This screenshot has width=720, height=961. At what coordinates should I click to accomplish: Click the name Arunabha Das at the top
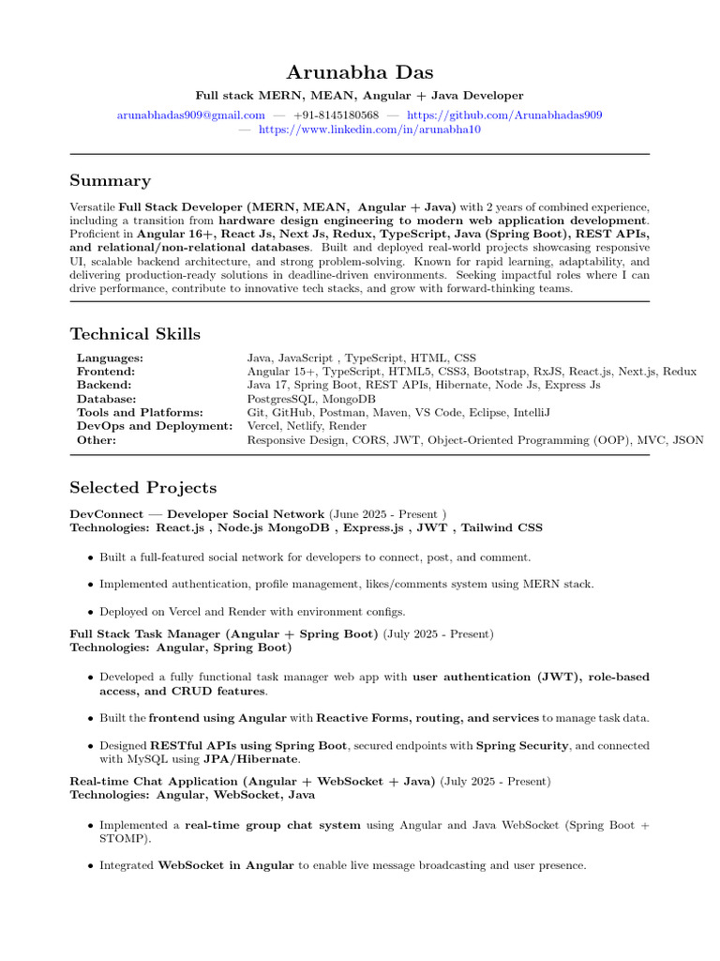(x=360, y=72)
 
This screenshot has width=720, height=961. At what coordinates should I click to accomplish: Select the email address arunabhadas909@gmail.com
(x=191, y=114)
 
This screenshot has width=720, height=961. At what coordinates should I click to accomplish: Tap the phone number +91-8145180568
(x=336, y=114)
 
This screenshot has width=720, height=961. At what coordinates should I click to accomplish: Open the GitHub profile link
(x=504, y=114)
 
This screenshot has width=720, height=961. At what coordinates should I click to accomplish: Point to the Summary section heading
(x=110, y=180)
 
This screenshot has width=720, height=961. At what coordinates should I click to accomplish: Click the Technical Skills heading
(x=135, y=334)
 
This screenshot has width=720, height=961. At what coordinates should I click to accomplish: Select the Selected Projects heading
(x=142, y=487)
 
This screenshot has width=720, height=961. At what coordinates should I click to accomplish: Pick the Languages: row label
(x=110, y=358)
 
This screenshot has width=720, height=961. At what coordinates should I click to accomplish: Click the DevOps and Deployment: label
(x=154, y=426)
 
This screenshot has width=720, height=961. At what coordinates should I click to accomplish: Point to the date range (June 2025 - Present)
(x=387, y=514)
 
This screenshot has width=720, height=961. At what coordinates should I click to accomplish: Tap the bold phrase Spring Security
(x=522, y=745)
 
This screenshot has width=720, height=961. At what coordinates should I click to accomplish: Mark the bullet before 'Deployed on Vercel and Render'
(x=90, y=611)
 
